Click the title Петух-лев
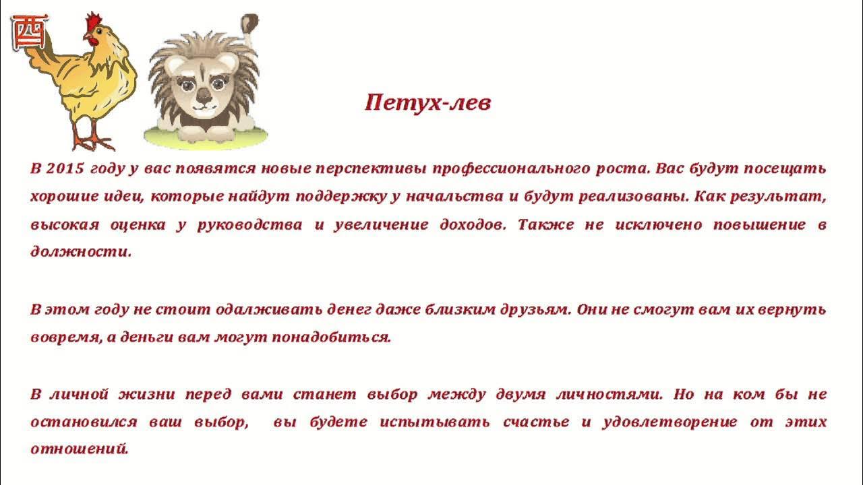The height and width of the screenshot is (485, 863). pos(427,103)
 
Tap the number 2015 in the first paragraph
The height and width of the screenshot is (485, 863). pos(67,168)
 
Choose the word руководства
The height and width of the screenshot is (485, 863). pos(249,225)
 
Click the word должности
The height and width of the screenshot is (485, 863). pos(80,253)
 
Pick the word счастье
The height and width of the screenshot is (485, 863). pos(537,422)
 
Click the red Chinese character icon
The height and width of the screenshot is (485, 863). pos(30,32)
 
